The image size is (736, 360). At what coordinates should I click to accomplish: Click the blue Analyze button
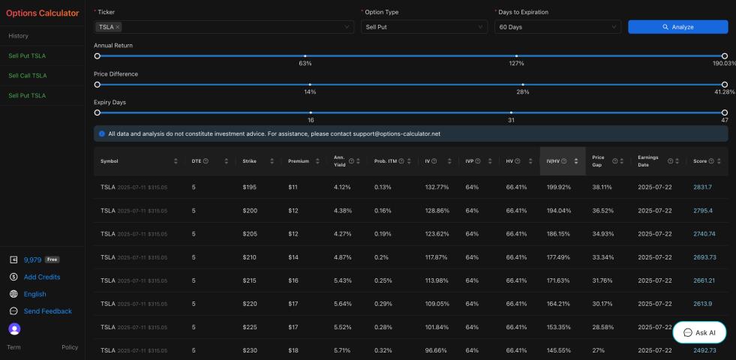tap(677, 27)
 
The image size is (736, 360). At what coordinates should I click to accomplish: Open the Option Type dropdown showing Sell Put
tap(423, 27)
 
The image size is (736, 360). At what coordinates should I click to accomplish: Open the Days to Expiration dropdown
tap(557, 27)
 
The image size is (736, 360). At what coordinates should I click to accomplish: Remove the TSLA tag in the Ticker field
tap(118, 27)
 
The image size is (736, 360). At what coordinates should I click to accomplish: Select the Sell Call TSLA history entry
tap(28, 76)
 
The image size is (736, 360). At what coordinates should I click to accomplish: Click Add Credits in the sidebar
tap(42, 277)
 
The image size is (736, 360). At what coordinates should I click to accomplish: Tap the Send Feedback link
tap(47, 311)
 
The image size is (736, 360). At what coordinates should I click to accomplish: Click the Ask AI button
tap(699, 332)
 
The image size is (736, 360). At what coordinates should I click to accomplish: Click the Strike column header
tap(250, 161)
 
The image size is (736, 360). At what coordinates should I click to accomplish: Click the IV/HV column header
tap(554, 161)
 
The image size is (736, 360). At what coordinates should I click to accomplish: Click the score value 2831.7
tap(704, 187)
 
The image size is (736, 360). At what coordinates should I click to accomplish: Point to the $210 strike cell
tap(250, 257)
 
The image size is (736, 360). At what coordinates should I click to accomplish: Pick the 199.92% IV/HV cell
tap(558, 187)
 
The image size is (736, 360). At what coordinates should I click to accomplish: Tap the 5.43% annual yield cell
tap(342, 280)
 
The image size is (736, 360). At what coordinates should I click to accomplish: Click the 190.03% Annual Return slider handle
tap(724, 56)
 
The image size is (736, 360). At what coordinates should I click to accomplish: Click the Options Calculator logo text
tap(42, 13)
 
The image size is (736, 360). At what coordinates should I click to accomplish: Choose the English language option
tap(35, 294)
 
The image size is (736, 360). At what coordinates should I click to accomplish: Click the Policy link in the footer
tap(70, 347)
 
